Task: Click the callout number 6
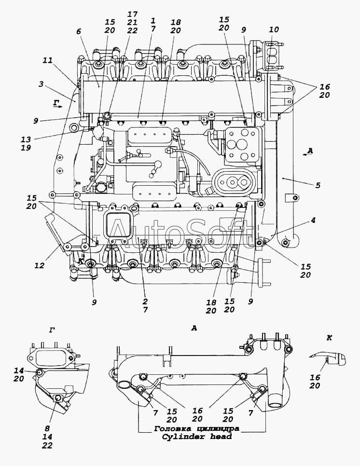click(x=79, y=31)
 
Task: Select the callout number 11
click(x=47, y=60)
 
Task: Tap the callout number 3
click(x=41, y=84)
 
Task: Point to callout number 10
click(x=274, y=29)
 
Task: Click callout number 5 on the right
click(x=318, y=185)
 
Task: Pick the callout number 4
click(x=313, y=220)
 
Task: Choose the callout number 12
click(x=39, y=265)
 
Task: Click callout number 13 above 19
click(x=26, y=139)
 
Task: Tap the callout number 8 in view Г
click(x=47, y=428)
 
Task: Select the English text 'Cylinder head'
click(x=196, y=437)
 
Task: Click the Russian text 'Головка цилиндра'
click(x=196, y=429)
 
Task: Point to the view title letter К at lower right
click(x=329, y=338)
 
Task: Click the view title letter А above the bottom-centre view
click(x=194, y=328)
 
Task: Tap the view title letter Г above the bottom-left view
click(x=52, y=329)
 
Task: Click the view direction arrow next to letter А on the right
click(x=305, y=154)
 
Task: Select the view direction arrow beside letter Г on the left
click(x=60, y=106)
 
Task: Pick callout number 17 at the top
click(x=133, y=14)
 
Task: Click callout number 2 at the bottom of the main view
click(x=145, y=302)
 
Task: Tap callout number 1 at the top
click(x=153, y=21)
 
